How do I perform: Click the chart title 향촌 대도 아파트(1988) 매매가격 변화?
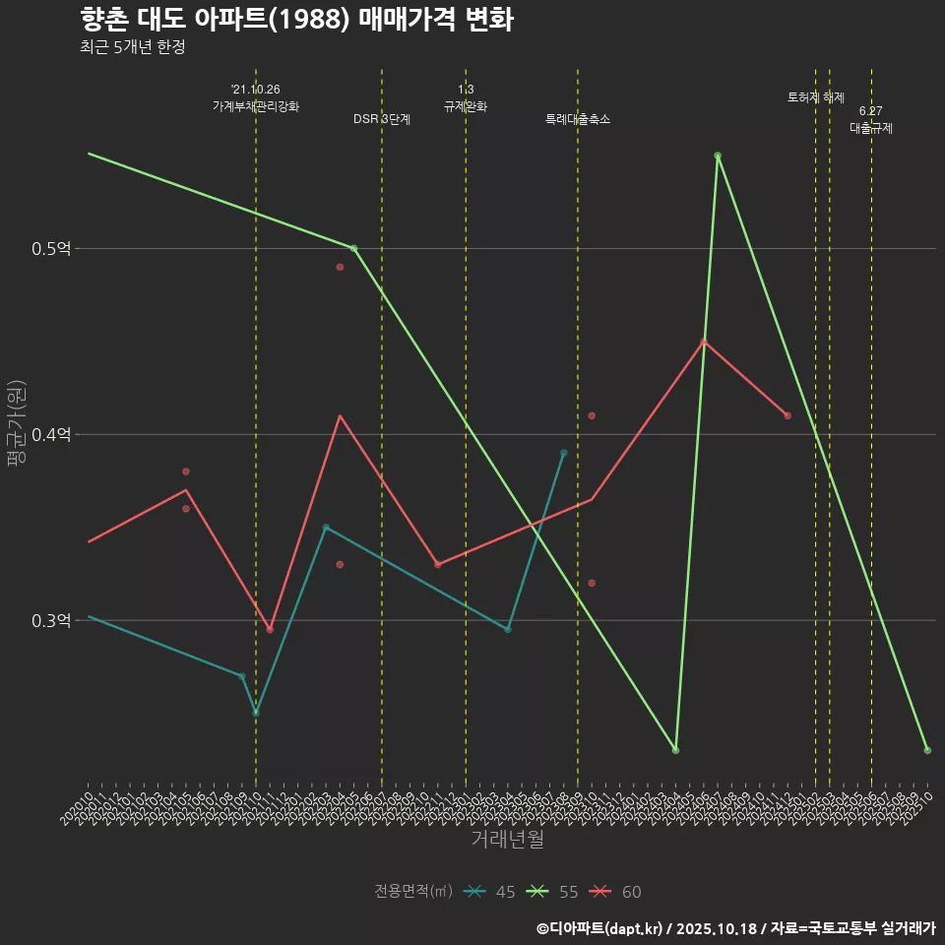[x=295, y=20]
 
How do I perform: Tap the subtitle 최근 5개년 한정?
[x=132, y=47]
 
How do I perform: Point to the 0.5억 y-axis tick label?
[x=51, y=249]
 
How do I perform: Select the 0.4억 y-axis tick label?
[x=51, y=435]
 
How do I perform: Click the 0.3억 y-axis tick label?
[x=51, y=621]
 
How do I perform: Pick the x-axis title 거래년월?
[x=507, y=840]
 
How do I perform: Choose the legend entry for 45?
[x=491, y=892]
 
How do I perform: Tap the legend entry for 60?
[x=617, y=892]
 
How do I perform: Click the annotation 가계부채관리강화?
[x=256, y=105]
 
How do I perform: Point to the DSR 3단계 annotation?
[x=382, y=119]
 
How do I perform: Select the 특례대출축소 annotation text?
[x=578, y=119]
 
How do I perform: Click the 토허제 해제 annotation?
[x=816, y=97]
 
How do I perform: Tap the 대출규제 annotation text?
[x=871, y=128]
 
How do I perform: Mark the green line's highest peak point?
[x=718, y=156]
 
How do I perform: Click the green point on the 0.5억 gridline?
[x=353, y=248]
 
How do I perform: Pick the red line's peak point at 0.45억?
[x=704, y=342]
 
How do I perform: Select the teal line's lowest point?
[x=256, y=713]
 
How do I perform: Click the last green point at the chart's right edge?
[x=927, y=751]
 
